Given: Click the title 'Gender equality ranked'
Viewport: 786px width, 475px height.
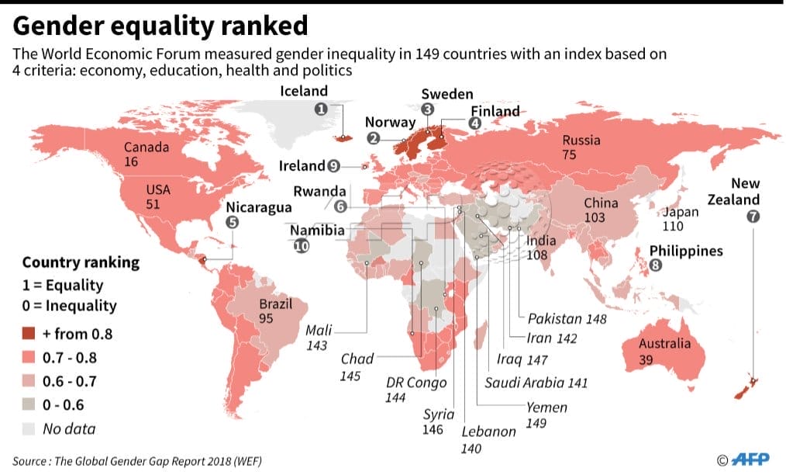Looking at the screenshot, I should tap(160, 26).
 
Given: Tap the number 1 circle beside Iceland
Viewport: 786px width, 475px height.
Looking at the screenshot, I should tap(319, 109).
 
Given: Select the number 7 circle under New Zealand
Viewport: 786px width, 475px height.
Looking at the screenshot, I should tap(752, 217).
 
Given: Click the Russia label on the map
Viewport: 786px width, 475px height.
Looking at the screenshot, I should tap(581, 140).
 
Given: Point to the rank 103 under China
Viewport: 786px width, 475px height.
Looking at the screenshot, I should tap(595, 218).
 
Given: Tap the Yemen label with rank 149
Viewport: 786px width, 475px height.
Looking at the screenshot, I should tap(546, 407).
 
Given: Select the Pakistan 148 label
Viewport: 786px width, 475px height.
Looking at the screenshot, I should tap(567, 318).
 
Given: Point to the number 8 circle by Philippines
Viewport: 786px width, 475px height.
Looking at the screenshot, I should tap(656, 265).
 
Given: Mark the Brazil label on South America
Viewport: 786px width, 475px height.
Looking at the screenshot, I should tap(276, 303).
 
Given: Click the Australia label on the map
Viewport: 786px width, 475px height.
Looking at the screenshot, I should tap(664, 344).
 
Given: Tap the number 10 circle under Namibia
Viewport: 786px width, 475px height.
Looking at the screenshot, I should tap(301, 246).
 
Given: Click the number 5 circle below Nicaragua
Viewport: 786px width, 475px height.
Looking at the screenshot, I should tap(232, 222).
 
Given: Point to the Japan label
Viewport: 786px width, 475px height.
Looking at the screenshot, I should tap(680, 211).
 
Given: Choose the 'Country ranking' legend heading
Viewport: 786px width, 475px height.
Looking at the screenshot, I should tap(81, 262).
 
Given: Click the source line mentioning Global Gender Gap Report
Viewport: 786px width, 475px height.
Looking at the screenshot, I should tap(137, 461).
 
